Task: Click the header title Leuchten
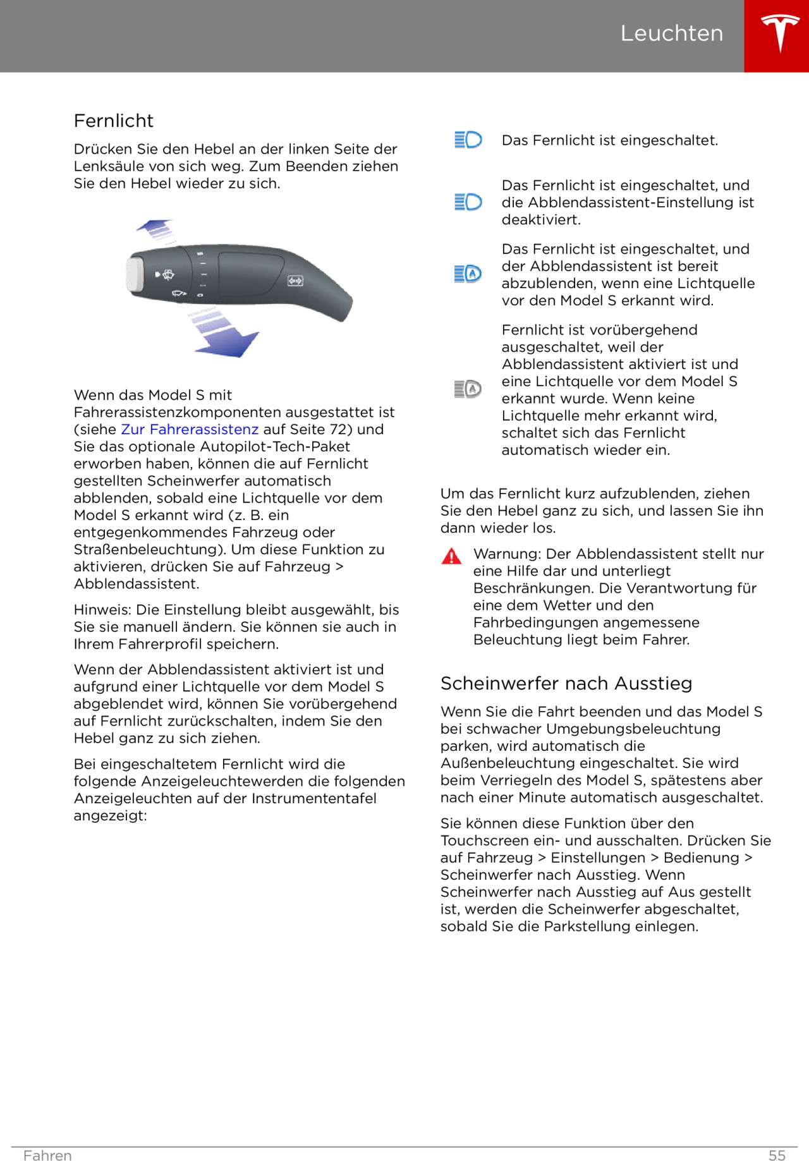671,33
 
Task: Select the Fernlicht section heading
114,121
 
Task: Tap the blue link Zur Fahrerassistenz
190,430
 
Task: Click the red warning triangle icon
451,557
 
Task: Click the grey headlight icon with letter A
468,389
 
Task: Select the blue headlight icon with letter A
468,274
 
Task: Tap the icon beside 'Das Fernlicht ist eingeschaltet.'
468,140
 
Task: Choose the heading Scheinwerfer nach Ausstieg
566,684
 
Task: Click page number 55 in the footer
777,1155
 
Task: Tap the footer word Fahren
47,1155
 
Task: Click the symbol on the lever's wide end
295,281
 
